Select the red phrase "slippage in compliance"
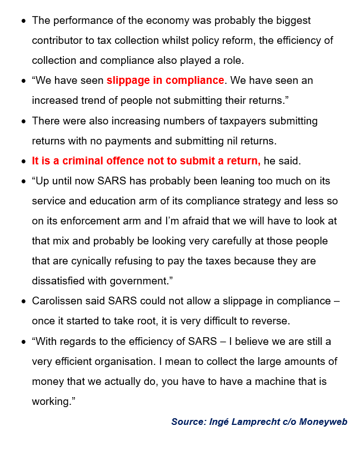tap(165, 81)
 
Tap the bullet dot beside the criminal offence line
tap(23, 162)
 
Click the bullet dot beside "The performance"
tap(23, 21)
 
